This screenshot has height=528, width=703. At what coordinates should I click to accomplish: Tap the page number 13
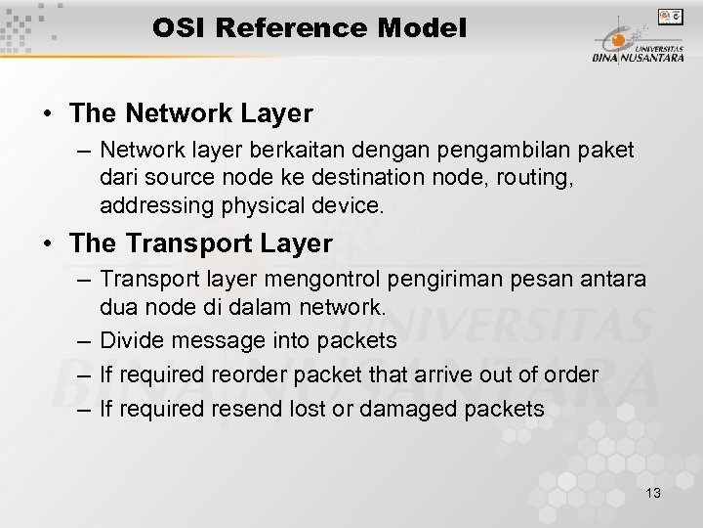pos(653,493)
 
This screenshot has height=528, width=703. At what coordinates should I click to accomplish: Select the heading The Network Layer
pos(191,113)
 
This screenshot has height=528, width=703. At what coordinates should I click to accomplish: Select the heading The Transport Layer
pos(201,242)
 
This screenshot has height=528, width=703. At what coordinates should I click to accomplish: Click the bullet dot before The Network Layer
pos(48,114)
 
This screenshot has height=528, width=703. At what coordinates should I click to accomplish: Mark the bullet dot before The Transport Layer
pos(48,242)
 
